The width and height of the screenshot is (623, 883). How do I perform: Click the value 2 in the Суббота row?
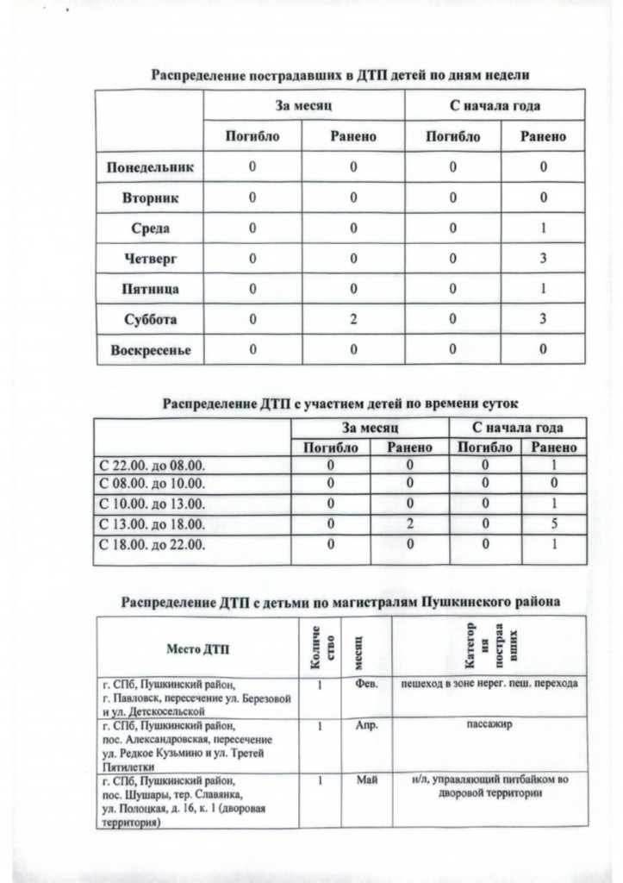point(353,319)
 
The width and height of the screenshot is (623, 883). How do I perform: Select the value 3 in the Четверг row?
point(544,259)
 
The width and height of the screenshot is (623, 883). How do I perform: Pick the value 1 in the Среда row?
point(544,229)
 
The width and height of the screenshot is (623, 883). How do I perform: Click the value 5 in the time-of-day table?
point(555,523)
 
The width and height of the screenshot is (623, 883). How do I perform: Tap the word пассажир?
point(488,725)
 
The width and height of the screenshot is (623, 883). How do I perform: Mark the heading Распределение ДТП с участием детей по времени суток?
point(341,403)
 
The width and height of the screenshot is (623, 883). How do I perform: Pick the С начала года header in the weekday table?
point(496,106)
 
